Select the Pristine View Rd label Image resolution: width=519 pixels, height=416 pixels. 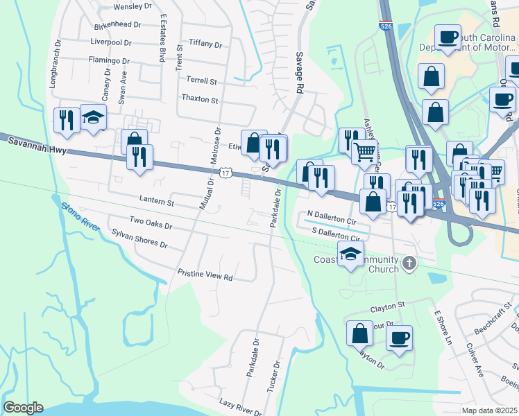coord(205,275)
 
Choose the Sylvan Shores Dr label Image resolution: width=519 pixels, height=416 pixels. coord(139,239)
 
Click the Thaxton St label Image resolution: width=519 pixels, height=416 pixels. coord(199,99)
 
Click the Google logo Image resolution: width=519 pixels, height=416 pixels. coord(23,408)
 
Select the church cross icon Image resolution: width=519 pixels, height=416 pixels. coord(409,263)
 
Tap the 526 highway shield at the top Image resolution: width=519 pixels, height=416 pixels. coord(386,26)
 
